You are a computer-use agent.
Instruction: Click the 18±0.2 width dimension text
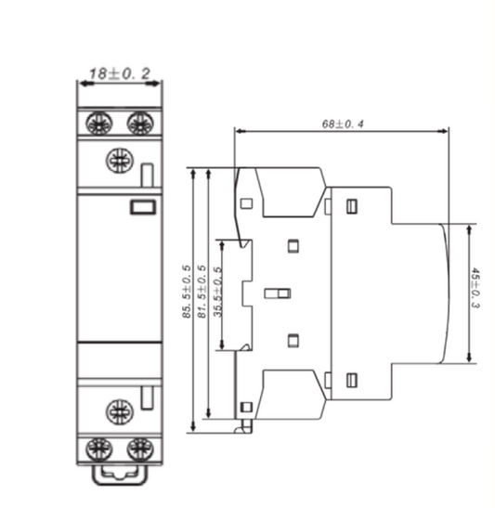click(x=119, y=72)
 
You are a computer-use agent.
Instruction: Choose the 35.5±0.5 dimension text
click(x=218, y=293)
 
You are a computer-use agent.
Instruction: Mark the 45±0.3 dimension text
click(x=475, y=290)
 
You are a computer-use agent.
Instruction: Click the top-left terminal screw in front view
click(x=96, y=122)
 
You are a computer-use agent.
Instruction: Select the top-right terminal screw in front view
click(x=139, y=122)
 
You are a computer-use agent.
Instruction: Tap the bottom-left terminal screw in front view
click(x=96, y=450)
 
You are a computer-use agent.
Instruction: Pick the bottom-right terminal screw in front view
click(x=139, y=450)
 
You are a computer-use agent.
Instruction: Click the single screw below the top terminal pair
click(x=118, y=160)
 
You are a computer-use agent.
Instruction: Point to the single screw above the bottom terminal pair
click(x=118, y=408)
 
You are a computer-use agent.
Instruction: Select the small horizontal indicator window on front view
click(x=141, y=207)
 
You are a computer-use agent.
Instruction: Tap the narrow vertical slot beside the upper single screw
click(x=148, y=174)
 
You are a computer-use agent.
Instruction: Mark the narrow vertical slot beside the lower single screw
click(x=148, y=397)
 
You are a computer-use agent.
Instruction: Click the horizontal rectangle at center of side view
click(x=278, y=293)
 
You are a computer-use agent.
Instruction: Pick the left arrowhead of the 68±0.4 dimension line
click(x=240, y=131)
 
